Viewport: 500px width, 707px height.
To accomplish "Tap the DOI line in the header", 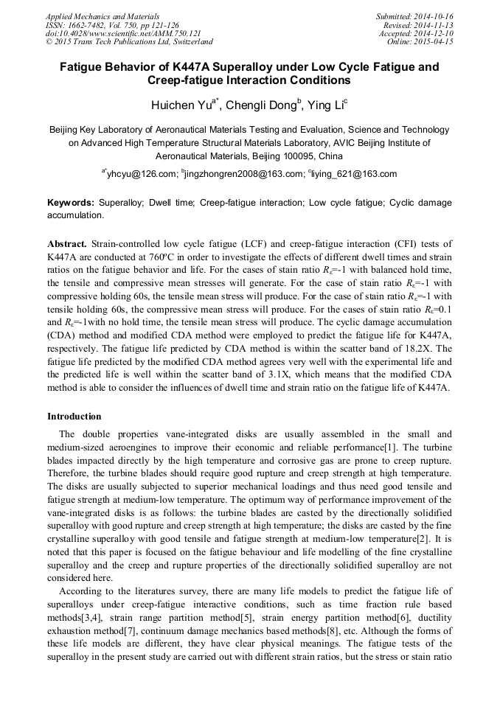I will pos(123,34).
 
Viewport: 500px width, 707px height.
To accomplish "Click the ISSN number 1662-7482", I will pos(90,25).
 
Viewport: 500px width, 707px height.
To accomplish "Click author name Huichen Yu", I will pos(181,106).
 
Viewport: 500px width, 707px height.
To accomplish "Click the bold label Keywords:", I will pos(70,202).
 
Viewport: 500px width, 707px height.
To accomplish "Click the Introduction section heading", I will pos(74,417).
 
